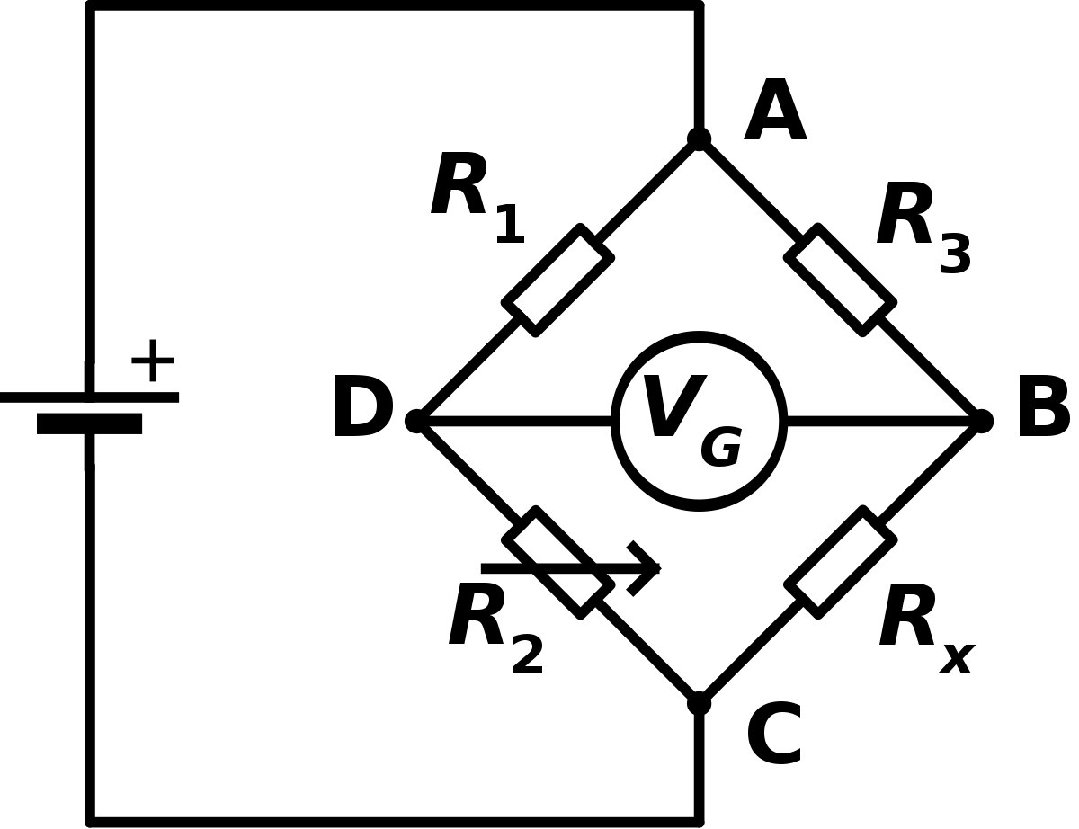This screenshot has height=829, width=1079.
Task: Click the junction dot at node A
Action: pyautogui.click(x=700, y=139)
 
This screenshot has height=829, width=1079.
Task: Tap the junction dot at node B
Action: pyautogui.click(x=982, y=422)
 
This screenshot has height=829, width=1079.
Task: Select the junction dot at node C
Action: pyautogui.click(x=700, y=704)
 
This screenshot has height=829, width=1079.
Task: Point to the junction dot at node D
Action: pyautogui.click(x=417, y=422)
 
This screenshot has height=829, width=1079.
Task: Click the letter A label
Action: pyautogui.click(x=775, y=110)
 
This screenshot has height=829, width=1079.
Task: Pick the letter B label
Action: pyautogui.click(x=1043, y=406)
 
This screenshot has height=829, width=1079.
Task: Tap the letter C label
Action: pyautogui.click(x=774, y=735)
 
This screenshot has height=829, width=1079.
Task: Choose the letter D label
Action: pyautogui.click(x=364, y=406)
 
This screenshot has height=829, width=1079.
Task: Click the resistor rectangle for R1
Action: pyautogui.click(x=558, y=281)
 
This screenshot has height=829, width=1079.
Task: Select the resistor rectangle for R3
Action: pyautogui.click(x=840, y=281)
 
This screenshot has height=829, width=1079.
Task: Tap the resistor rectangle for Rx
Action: pyautogui.click(x=840, y=563)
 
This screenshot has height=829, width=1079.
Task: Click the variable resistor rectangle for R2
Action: pyautogui.click(x=558, y=563)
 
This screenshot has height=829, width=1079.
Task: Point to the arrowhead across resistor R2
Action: pyautogui.click(x=645, y=568)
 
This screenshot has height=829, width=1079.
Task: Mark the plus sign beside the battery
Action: pyautogui.click(x=153, y=361)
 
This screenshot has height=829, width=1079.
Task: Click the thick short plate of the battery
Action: pyautogui.click(x=89, y=423)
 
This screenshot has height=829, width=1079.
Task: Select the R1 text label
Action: pyautogui.click(x=477, y=198)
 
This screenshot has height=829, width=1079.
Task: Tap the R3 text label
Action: pyautogui.click(x=923, y=227)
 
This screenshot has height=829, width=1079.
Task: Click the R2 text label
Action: pyautogui.click(x=496, y=628)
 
